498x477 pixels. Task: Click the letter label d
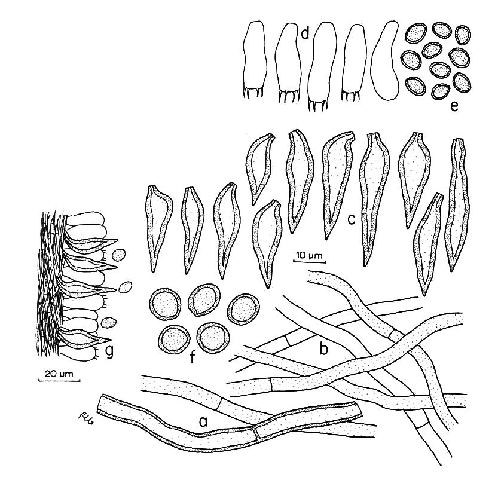305,33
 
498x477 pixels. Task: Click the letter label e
454,106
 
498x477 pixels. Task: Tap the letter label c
351,219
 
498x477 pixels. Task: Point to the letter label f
193,357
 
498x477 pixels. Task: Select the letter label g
109,351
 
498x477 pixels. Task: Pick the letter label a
203,421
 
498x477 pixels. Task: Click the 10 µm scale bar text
309,255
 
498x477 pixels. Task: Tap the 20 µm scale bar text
59,374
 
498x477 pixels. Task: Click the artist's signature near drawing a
83,420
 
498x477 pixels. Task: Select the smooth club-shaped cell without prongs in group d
385,60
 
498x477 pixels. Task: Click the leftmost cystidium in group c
160,227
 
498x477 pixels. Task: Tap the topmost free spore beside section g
119,255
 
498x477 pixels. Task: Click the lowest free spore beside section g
109,322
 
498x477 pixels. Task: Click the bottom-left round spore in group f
174,340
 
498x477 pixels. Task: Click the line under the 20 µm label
59,380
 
